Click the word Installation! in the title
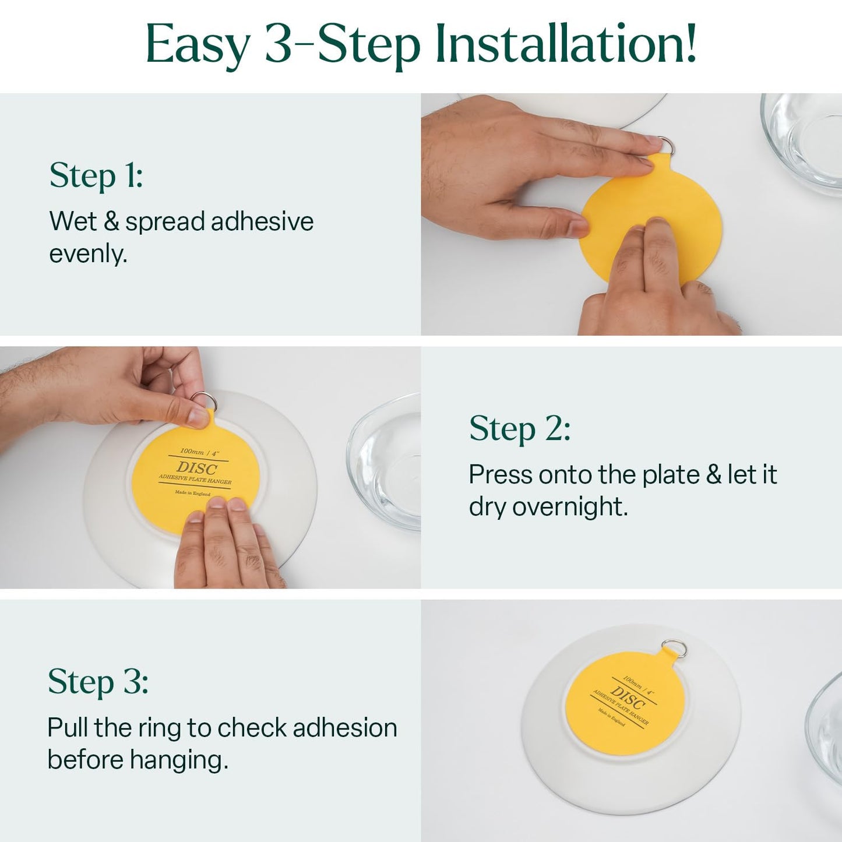[565, 44]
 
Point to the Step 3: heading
[98, 681]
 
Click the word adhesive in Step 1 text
[262, 221]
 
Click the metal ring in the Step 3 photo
[675, 648]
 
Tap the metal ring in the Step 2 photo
[204, 401]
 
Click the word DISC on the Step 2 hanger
[196, 468]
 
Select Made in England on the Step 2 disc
[192, 493]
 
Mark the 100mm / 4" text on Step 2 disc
[199, 452]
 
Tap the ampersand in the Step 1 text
[111, 221]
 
